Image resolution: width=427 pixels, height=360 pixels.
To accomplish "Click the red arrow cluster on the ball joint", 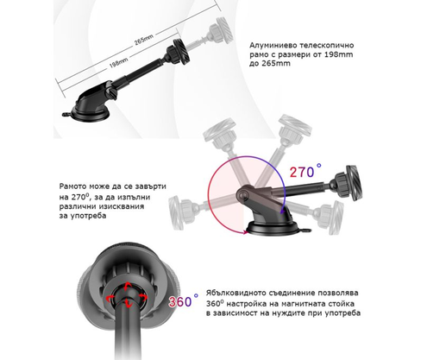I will point(127,298).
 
